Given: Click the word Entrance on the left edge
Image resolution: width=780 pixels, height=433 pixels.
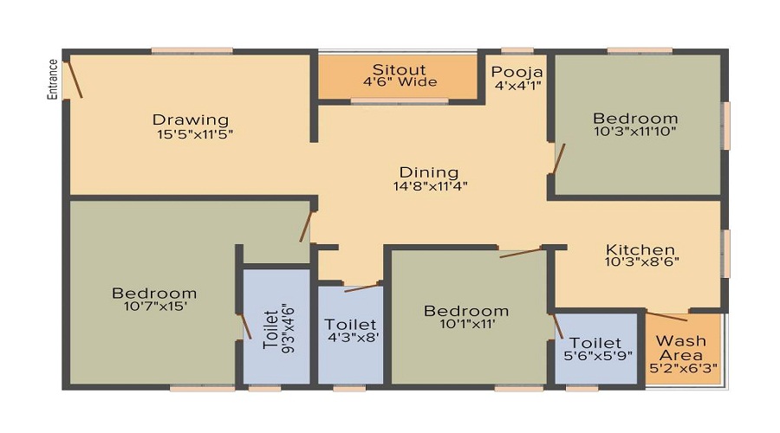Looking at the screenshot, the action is click(53, 80).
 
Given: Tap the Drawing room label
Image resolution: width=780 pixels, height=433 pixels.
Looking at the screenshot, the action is click(191, 120).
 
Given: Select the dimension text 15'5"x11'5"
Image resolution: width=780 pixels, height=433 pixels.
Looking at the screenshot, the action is click(195, 134).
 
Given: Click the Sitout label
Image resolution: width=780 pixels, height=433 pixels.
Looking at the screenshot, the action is click(399, 69).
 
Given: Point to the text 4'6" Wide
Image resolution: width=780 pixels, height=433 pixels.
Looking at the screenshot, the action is click(400, 82).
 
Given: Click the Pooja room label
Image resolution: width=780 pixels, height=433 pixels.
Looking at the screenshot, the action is click(517, 73).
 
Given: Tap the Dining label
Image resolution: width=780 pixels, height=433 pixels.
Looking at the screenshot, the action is click(429, 172).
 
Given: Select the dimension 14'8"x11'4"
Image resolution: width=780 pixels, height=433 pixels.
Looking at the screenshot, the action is click(430, 186).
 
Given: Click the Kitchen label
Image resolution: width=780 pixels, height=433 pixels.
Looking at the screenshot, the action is click(640, 249).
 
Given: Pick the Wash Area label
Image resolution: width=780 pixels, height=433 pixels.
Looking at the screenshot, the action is click(681, 348).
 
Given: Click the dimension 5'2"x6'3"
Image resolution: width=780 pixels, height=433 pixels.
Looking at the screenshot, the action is click(683, 368).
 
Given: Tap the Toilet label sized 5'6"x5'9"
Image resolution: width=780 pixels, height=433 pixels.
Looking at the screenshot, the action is click(595, 343).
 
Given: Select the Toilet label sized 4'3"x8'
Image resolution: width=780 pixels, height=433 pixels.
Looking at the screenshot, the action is click(350, 325).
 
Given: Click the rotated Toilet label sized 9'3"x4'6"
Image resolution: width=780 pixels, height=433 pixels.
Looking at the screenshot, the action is click(270, 329).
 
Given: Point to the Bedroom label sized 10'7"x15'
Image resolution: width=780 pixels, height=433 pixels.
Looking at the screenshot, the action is click(154, 293).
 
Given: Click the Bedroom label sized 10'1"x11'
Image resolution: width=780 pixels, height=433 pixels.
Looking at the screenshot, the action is click(466, 311).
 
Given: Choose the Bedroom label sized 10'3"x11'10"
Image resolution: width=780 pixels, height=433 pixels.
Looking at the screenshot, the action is click(635, 119).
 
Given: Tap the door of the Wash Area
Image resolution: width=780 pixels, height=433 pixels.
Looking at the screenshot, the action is click(666, 316).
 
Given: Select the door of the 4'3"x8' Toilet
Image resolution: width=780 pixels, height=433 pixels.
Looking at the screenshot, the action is click(362, 288).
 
